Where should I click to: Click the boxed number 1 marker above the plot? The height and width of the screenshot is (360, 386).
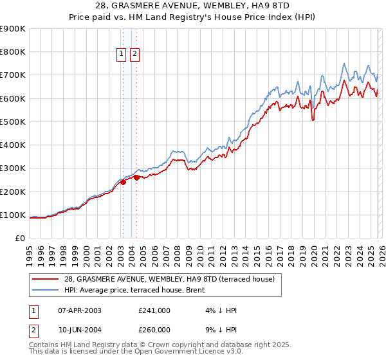click(x=122, y=55)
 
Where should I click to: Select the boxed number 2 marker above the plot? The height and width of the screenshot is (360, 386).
click(x=134, y=55)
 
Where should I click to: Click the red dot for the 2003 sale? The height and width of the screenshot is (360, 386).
click(x=123, y=183)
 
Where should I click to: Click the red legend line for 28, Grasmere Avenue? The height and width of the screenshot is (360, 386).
click(x=46, y=279)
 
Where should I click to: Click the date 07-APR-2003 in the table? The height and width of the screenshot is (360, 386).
click(x=80, y=310)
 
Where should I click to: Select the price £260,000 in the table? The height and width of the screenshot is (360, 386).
click(x=154, y=329)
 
